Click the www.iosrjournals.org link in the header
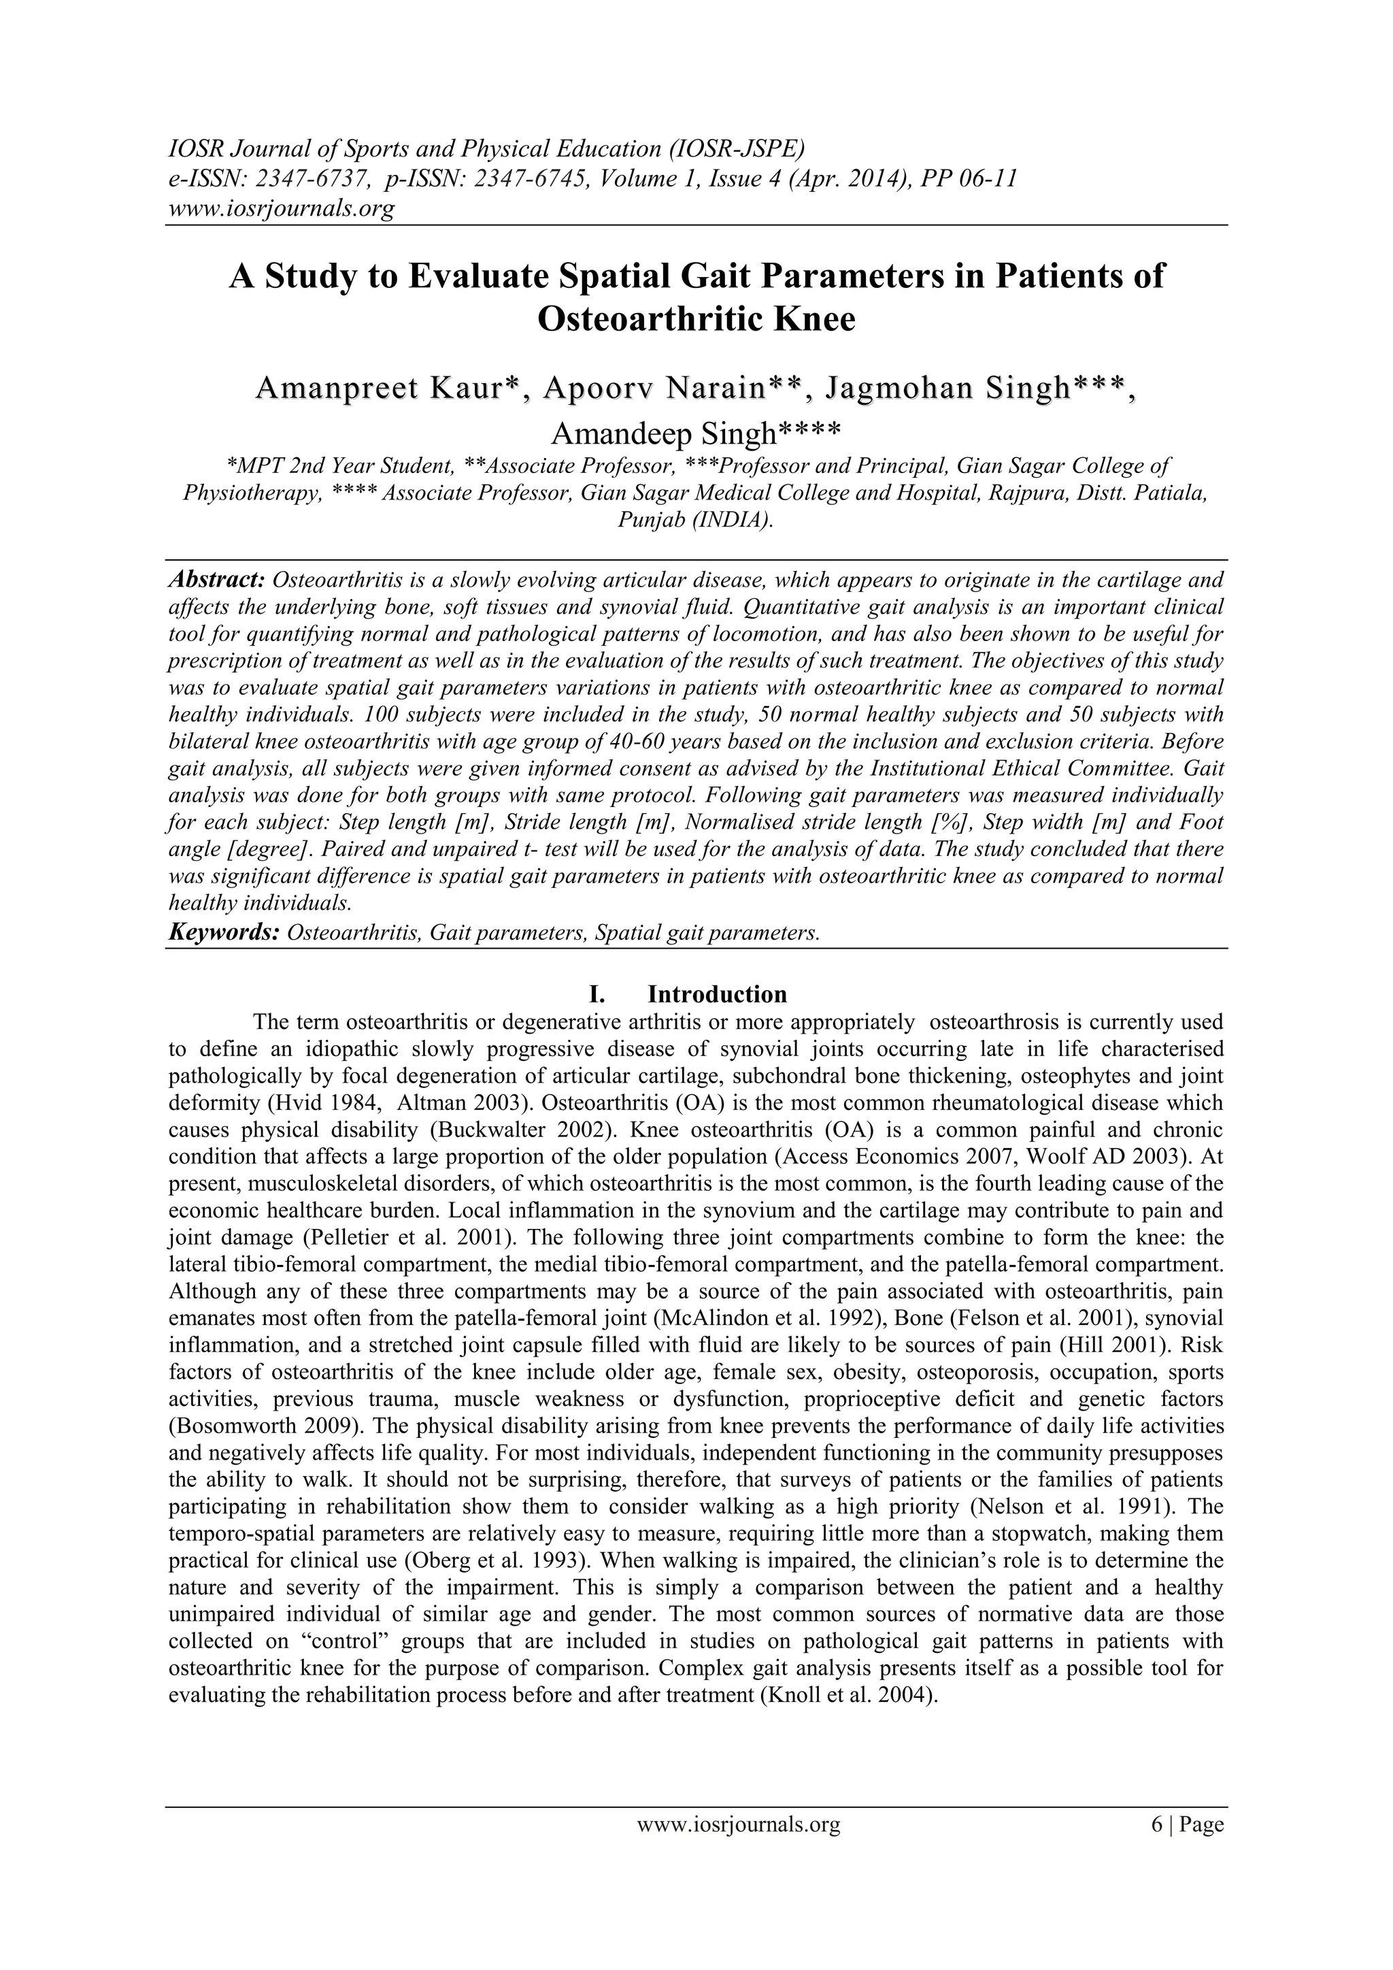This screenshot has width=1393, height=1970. tap(280, 208)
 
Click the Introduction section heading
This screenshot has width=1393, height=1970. tap(716, 994)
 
